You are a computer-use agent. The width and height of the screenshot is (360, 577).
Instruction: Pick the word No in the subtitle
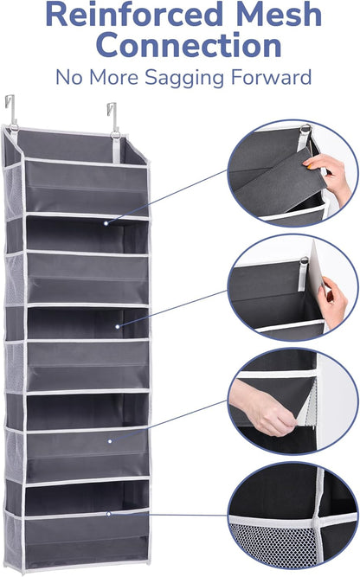tap(70, 77)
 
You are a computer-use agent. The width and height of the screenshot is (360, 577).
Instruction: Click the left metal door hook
tap(11, 109)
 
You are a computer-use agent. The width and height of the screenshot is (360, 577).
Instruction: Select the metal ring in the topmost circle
tap(304, 131)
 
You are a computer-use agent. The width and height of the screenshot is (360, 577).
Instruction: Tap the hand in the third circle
tap(262, 412)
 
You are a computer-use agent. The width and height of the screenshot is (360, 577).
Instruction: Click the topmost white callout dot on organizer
tap(106, 223)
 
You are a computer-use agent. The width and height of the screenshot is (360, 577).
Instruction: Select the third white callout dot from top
tap(112, 441)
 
